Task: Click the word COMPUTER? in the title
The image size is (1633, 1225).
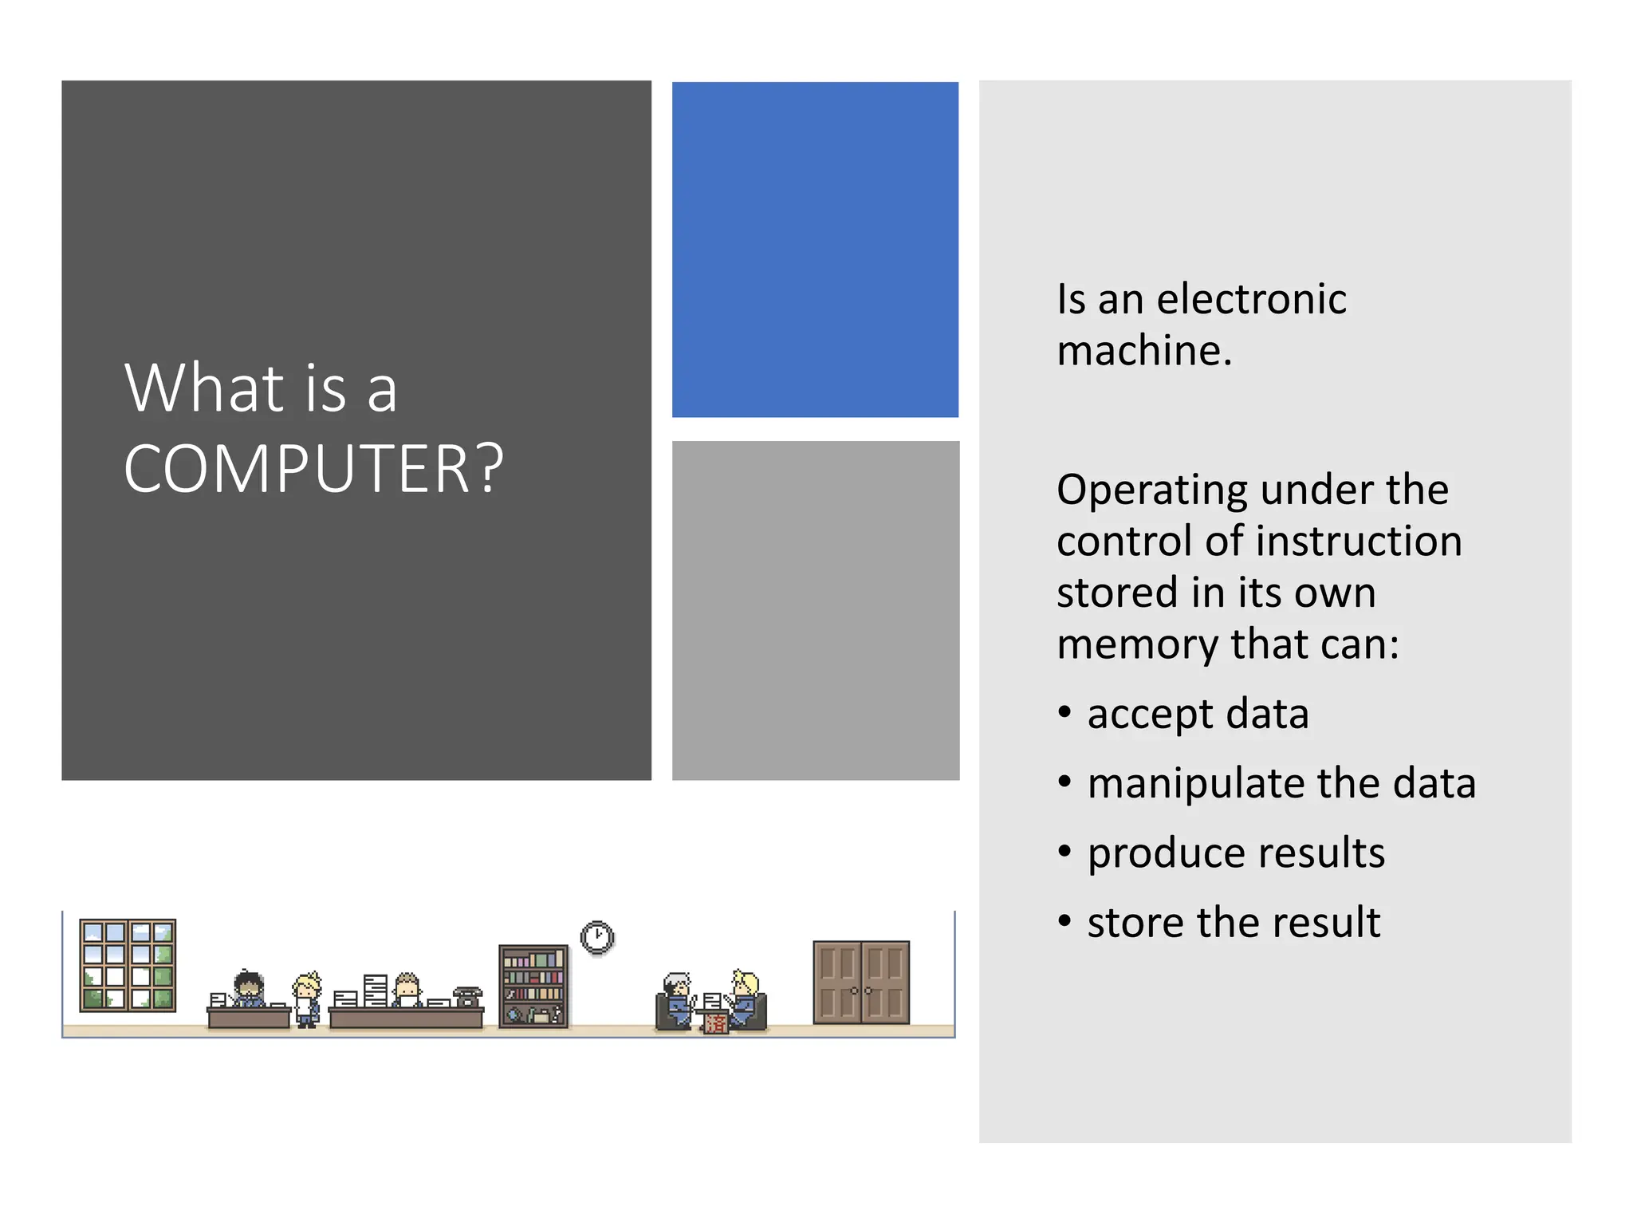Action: pyautogui.click(x=313, y=469)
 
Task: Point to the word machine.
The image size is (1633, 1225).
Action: pyautogui.click(x=1143, y=351)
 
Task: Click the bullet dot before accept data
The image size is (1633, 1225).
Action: pyautogui.click(x=1064, y=711)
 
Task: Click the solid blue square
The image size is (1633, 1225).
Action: pyautogui.click(x=815, y=250)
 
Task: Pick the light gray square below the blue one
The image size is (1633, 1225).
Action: pyautogui.click(x=815, y=610)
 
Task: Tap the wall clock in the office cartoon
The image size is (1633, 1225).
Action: pyautogui.click(x=597, y=938)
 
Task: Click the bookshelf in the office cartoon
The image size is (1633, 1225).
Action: pyautogui.click(x=533, y=986)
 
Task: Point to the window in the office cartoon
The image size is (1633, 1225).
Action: pyautogui.click(x=128, y=965)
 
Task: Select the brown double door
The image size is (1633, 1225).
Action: pyautogui.click(x=861, y=982)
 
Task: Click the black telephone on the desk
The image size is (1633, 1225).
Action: pyautogui.click(x=467, y=996)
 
